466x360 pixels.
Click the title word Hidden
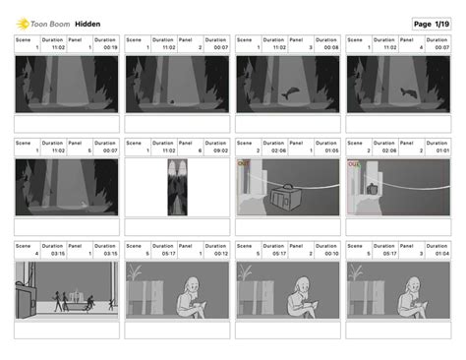pyautogui.click(x=87, y=24)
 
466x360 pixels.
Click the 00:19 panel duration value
pyautogui.click(x=110, y=47)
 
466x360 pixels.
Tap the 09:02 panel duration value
pyautogui.click(x=220, y=150)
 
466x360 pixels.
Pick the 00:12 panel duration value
pyautogui.click(x=220, y=253)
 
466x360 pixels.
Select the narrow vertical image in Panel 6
pyautogui.click(x=178, y=187)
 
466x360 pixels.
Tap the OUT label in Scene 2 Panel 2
pyautogui.click(x=353, y=164)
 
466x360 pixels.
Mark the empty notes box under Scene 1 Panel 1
pyautogui.click(x=67, y=124)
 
